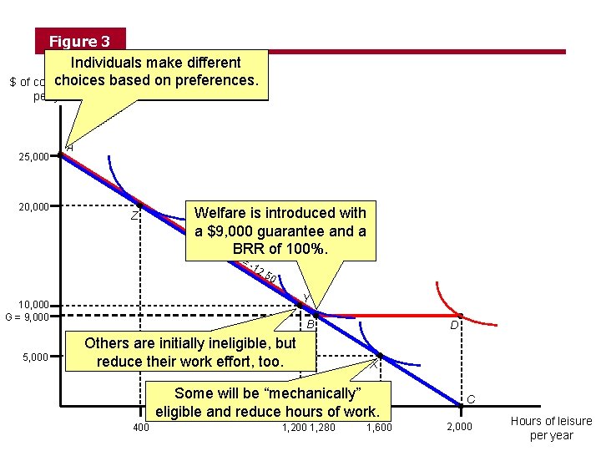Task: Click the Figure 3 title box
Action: click(x=79, y=41)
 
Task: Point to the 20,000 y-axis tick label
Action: click(x=34, y=207)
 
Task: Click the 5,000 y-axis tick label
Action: click(x=37, y=357)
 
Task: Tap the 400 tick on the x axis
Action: click(x=141, y=428)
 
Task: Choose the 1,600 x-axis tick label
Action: click(x=379, y=428)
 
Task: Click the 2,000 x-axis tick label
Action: click(x=459, y=428)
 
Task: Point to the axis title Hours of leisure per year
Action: click(x=551, y=428)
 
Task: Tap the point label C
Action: click(x=471, y=400)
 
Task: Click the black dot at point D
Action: click(x=460, y=316)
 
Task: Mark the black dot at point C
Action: click(x=461, y=408)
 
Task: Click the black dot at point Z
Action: click(x=140, y=205)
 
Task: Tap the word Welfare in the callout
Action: click(x=219, y=213)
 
